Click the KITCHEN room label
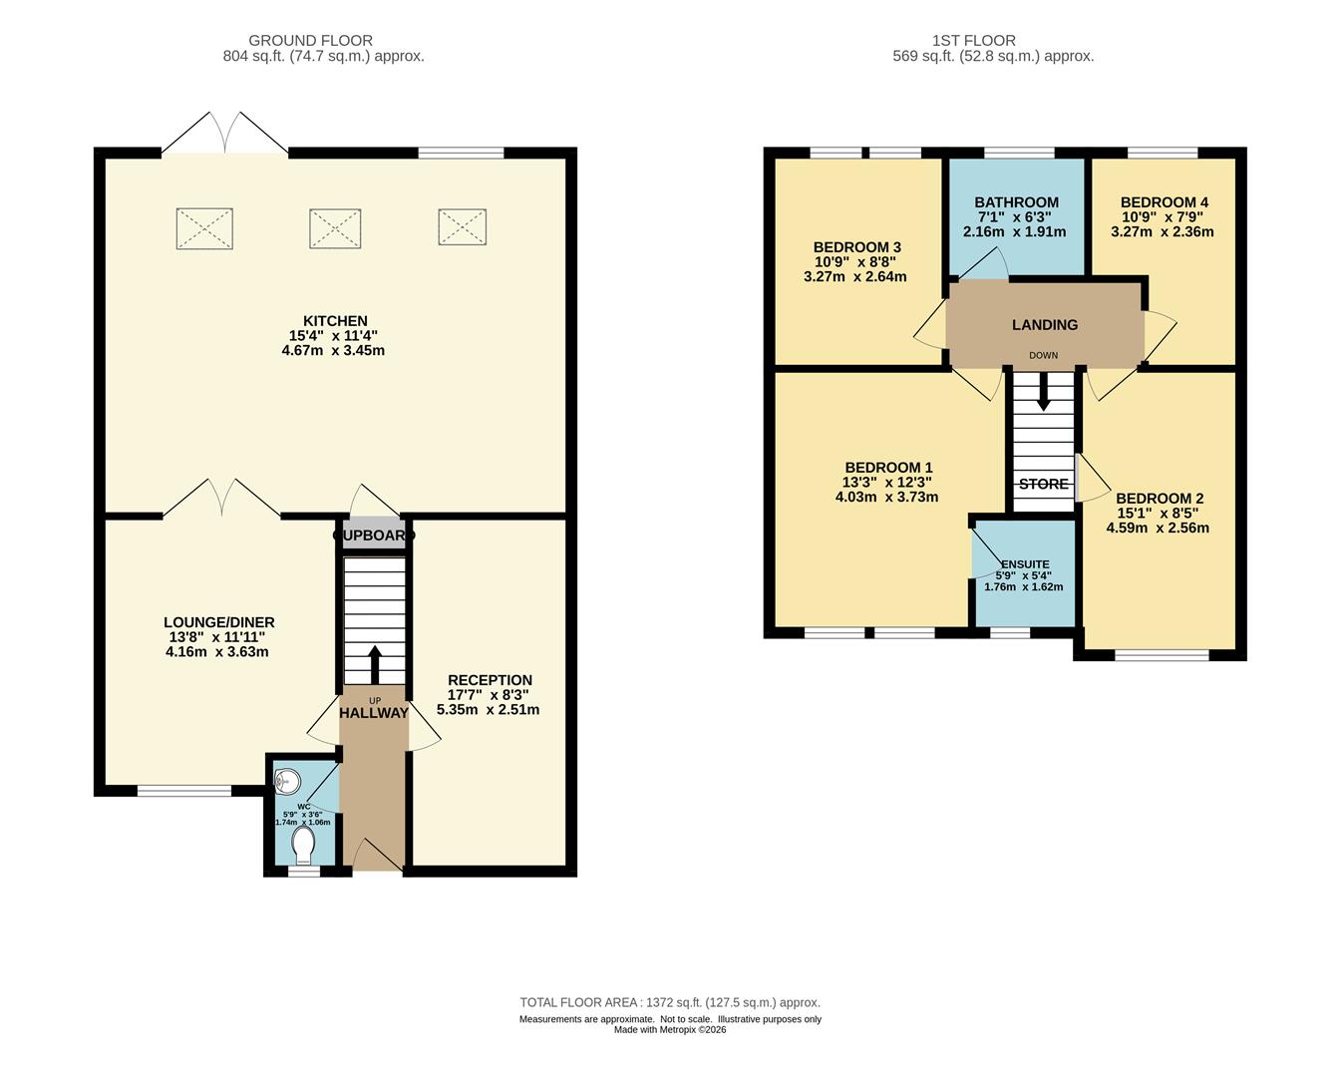pos(335,321)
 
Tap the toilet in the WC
pos(303,845)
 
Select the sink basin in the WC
pos(287,781)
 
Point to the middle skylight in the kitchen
pos(335,228)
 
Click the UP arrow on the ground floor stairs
pos(375,664)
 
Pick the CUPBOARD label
pos(374,536)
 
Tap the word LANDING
pos(1044,324)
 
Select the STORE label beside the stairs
pos(1044,484)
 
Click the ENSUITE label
pos(1025,564)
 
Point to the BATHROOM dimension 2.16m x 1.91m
pos(1014,231)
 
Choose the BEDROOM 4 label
pos(1164,202)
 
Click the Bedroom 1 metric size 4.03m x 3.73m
pos(886,497)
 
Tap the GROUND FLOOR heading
pos(311,41)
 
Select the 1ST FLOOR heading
pos(974,41)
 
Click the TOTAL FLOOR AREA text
pos(670,1002)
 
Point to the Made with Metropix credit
pos(670,1030)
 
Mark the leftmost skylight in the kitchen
pos(204,228)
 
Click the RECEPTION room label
pos(491,680)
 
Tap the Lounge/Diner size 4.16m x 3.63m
pos(216,651)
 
